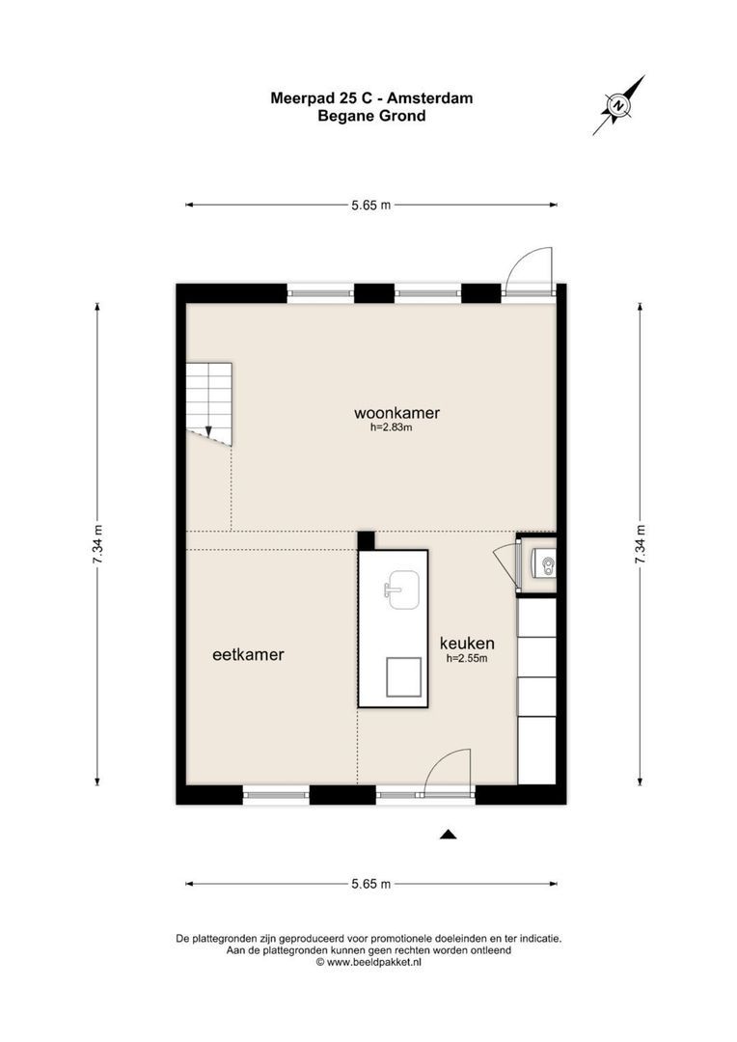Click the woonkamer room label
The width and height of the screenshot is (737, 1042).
[x=396, y=413]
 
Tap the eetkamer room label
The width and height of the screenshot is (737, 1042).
[x=248, y=654]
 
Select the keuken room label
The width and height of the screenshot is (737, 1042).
[x=467, y=644]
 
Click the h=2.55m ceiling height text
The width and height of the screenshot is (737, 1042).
[x=467, y=659]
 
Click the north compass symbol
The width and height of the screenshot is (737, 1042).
[x=617, y=104]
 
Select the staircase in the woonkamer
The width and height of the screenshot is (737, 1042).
[x=209, y=403]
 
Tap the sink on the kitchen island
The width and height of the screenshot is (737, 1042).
[x=400, y=590]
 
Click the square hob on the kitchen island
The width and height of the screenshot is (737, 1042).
[x=403, y=676]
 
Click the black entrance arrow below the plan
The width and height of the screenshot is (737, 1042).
[x=448, y=835]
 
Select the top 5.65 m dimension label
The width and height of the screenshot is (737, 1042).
[x=371, y=205]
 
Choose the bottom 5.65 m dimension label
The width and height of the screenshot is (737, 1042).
[x=371, y=884]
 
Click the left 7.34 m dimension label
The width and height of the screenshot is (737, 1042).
[x=97, y=546]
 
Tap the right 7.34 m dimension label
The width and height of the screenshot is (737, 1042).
[x=640, y=546]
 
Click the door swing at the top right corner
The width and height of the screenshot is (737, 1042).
[x=530, y=270]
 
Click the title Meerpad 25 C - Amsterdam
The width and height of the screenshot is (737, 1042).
[x=371, y=98]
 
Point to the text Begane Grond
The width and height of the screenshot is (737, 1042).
[x=371, y=116]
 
